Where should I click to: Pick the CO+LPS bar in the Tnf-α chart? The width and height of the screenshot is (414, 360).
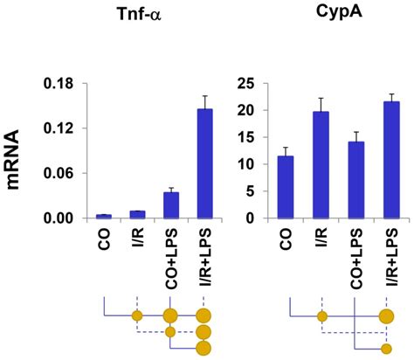pos(170,204)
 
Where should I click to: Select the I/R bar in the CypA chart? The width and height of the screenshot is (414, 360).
pos(322,165)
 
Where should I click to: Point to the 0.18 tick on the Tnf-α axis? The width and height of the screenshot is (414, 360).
pos(62,84)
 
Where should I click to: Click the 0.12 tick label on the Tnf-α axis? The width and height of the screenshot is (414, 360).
pos(62,128)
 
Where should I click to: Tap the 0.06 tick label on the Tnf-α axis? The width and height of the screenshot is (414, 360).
pos(62,174)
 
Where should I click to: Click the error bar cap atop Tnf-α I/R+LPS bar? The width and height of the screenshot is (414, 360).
pos(204,96)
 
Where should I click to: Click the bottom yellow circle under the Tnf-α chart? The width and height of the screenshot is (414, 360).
pos(204,349)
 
